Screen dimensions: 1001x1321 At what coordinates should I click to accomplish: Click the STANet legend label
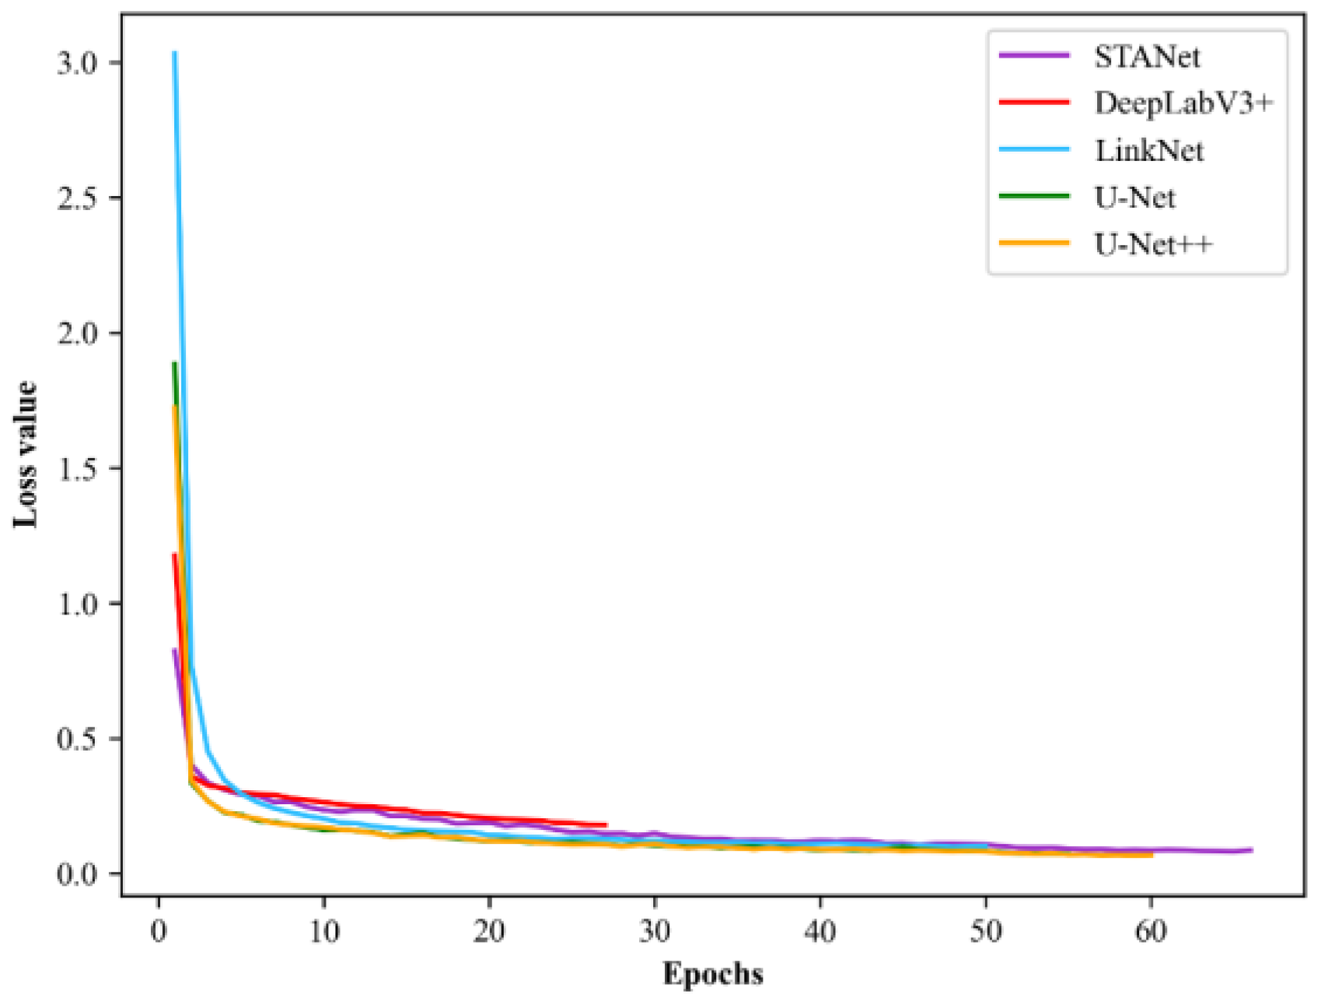point(1147,57)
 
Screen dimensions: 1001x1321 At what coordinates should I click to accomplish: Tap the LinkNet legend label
point(1149,150)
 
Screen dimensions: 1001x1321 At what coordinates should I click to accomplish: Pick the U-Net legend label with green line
point(1134,198)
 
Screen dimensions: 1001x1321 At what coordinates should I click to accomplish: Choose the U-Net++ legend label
point(1153,245)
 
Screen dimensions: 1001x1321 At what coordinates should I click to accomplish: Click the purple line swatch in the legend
point(1034,55)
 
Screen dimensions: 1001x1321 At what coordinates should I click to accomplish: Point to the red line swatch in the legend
point(1034,102)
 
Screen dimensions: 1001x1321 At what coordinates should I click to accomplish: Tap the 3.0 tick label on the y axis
point(78,63)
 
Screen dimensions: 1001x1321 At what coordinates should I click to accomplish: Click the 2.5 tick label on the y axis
point(78,198)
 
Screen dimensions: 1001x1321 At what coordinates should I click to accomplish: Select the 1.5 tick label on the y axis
point(78,469)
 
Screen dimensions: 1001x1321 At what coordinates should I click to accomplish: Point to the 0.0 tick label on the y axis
point(78,874)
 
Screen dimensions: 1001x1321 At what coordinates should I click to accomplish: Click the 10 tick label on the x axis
point(324,931)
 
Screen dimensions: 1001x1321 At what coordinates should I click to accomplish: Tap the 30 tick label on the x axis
point(655,931)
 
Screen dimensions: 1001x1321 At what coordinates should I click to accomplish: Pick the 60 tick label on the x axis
point(1151,931)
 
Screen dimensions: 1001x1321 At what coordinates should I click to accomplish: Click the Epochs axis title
point(713,974)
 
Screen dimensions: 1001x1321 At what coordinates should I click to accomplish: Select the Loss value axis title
point(25,454)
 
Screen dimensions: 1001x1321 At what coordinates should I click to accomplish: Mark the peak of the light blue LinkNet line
point(174,53)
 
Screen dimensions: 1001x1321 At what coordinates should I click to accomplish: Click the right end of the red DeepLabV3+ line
point(606,825)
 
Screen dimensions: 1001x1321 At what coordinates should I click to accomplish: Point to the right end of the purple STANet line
point(1251,849)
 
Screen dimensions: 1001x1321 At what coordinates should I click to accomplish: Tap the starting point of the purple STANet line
point(174,650)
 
